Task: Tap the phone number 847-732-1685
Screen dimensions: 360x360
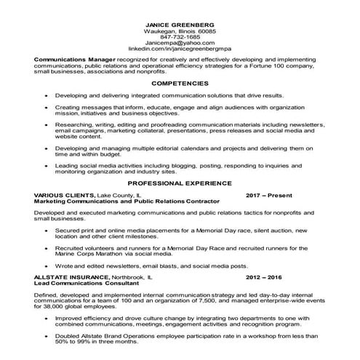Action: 180,39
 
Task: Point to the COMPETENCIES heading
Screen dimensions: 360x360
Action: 180,84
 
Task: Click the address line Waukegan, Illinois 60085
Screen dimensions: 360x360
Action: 180,32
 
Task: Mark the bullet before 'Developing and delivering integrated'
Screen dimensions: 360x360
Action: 47,96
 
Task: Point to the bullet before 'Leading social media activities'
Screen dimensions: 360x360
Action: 47,165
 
